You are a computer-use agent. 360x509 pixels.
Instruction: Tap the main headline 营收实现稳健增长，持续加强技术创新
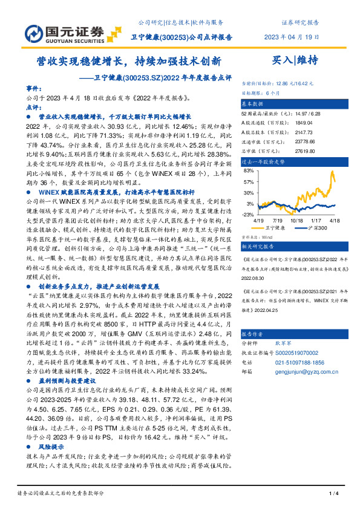(129, 61)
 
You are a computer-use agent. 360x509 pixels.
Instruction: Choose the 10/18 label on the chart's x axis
(296, 221)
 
